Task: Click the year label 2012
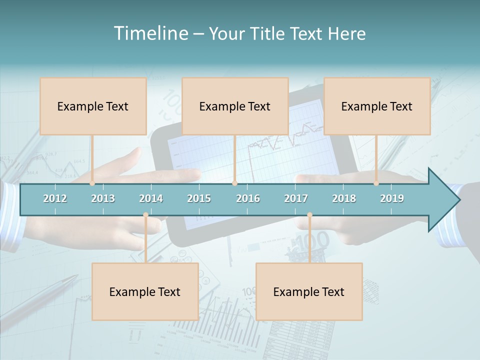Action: [x=55, y=198]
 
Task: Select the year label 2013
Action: [x=103, y=198]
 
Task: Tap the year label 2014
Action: [x=151, y=198]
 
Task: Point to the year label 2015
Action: [x=199, y=198]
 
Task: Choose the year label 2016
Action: [x=248, y=198]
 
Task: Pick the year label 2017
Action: [x=296, y=198]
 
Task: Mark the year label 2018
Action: [x=344, y=198]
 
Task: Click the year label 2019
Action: [x=392, y=198]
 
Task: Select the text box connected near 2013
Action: [x=93, y=106]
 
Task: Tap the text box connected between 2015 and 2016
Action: [x=235, y=106]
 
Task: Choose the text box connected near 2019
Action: [x=377, y=106]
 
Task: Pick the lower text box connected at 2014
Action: [x=145, y=292]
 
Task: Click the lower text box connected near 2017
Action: [x=309, y=292]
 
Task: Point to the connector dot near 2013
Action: [x=92, y=183]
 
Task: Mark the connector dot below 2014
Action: [x=145, y=215]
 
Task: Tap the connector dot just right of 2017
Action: [x=309, y=215]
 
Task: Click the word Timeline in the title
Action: [x=150, y=33]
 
